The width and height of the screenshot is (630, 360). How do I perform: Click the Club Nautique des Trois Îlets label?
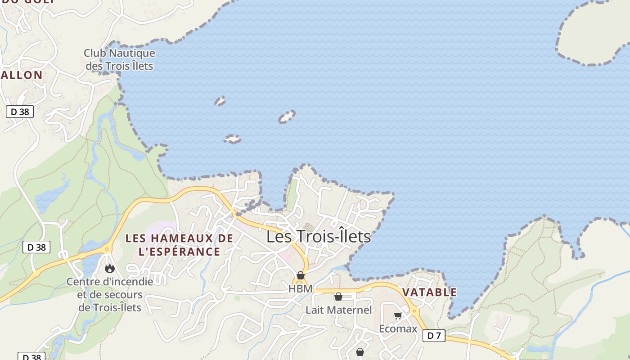click(119, 59)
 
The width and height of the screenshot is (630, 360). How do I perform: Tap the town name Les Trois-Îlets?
click(319, 236)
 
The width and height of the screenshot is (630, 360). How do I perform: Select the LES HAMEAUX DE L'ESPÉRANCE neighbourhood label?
click(179, 245)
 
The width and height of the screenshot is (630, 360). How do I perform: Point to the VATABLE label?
click(429, 292)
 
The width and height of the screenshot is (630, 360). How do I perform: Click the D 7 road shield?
click(434, 335)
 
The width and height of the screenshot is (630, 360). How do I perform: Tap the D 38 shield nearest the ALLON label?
click(20, 112)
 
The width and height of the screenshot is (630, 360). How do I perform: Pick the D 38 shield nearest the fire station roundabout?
click(36, 247)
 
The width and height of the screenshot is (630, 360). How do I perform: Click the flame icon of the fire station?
click(109, 269)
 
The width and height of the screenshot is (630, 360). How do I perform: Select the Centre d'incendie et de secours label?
click(110, 295)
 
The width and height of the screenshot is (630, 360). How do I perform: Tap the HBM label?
click(300, 289)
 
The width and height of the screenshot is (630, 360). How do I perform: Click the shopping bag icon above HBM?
click(301, 275)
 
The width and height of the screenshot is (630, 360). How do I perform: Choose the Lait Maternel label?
click(338, 310)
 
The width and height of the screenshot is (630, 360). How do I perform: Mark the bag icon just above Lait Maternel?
click(338, 297)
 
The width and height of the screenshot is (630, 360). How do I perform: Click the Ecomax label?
click(398, 328)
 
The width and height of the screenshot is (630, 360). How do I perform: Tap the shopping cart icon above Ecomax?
click(398, 316)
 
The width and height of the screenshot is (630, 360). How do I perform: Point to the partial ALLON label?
click(22, 75)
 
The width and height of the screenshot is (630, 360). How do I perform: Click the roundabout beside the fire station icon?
click(107, 249)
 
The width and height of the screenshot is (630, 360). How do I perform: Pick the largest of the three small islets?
click(286, 117)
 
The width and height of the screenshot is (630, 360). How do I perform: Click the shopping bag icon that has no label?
click(360, 352)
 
